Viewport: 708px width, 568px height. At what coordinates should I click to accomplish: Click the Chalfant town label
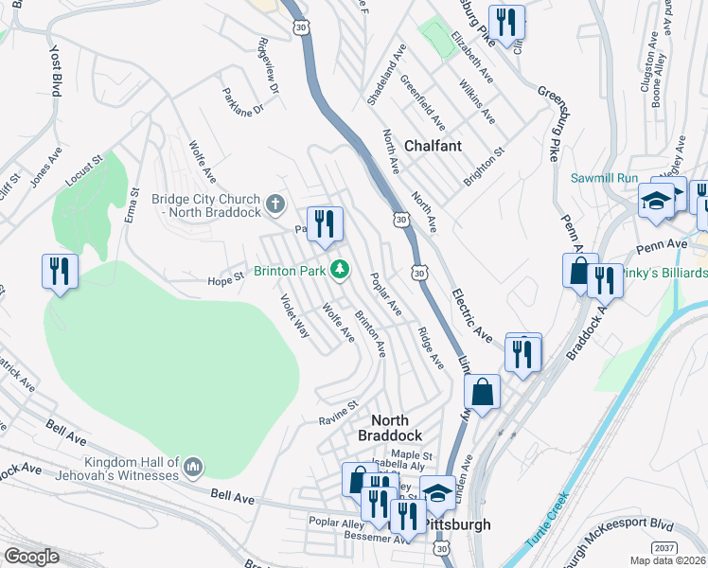pos(433,146)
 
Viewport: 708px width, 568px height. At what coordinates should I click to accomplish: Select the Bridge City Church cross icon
pos(274,204)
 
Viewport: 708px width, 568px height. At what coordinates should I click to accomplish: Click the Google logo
pos(31,557)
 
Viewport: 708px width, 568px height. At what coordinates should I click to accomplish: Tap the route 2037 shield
pos(665,549)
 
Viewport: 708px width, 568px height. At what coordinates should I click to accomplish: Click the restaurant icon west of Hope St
pos(59,272)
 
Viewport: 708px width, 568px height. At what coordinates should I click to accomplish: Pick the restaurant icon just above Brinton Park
pos(325,224)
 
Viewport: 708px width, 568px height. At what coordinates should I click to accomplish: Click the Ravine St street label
pos(338,412)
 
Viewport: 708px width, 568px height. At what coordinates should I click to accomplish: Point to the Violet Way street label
pos(294,316)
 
